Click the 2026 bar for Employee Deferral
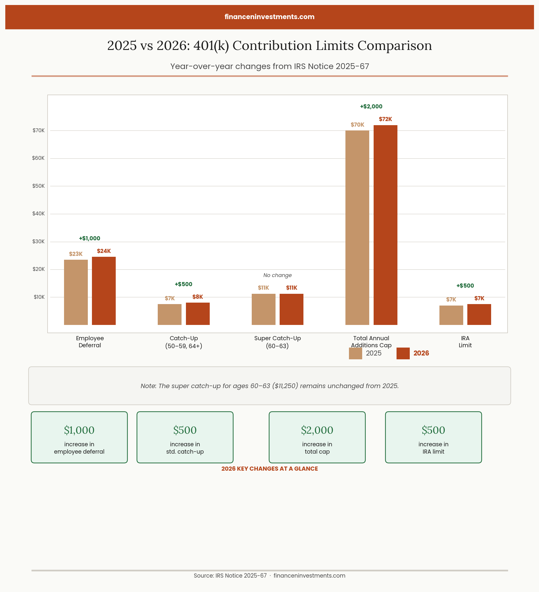pyautogui.click(x=104, y=291)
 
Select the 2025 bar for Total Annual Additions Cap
pyautogui.click(x=357, y=228)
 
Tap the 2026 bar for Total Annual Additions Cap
pyautogui.click(x=385, y=225)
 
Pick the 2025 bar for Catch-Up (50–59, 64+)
pyautogui.click(x=169, y=314)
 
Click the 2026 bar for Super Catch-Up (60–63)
pyautogui.click(x=291, y=309)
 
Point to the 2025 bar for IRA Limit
pyautogui.click(x=451, y=315)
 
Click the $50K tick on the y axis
pyautogui.click(x=38, y=186)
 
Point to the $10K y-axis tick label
pyautogui.click(x=39, y=297)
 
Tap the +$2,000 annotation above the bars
pyautogui.click(x=371, y=107)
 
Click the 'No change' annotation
pyautogui.click(x=277, y=275)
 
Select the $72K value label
pyautogui.click(x=385, y=119)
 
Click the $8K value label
pyautogui.click(x=198, y=297)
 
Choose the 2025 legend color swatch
pyautogui.click(x=355, y=353)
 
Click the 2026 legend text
pyautogui.click(x=421, y=353)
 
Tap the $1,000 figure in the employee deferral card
pyautogui.click(x=79, y=430)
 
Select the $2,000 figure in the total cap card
pyautogui.click(x=317, y=430)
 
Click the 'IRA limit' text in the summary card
pyautogui.click(x=433, y=452)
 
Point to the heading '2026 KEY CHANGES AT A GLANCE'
pyautogui.click(x=270, y=469)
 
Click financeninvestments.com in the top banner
pyautogui.click(x=270, y=17)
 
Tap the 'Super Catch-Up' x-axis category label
pyautogui.click(x=277, y=338)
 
